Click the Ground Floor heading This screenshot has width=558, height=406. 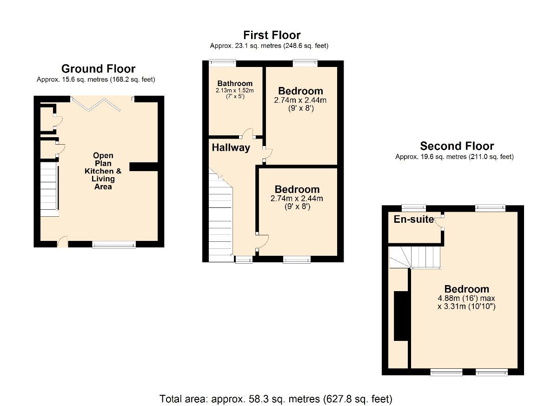coord(98,69)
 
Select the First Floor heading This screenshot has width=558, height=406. coord(272,35)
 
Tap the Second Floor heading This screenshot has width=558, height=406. coord(457,146)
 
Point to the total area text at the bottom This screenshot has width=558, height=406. coord(276,399)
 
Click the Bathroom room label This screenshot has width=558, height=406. coord(235,83)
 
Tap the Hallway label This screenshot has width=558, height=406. coord(231,148)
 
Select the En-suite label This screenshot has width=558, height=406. coord(413,219)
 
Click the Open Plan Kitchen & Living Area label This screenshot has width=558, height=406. coord(103,171)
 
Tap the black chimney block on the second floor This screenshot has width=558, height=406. coord(400,316)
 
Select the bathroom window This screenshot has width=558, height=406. coord(222,63)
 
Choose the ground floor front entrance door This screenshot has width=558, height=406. coord(62,242)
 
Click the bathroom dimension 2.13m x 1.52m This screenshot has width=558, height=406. coord(235,90)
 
